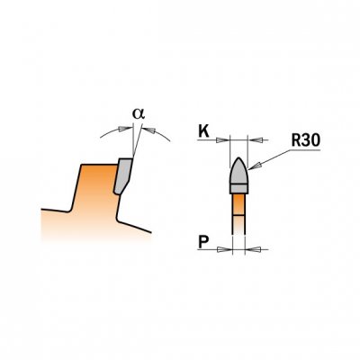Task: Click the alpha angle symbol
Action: [x=139, y=114]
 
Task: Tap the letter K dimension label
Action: [x=203, y=131]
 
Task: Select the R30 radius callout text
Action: [x=306, y=140]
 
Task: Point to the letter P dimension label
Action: [x=203, y=242]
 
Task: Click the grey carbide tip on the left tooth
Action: [x=123, y=175]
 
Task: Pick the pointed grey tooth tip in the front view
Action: [x=238, y=170]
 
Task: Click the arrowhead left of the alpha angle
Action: [x=125, y=129]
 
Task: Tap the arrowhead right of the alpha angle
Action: [x=148, y=130]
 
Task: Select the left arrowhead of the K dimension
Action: [x=222, y=139]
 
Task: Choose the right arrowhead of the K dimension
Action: [x=255, y=139]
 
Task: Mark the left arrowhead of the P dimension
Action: [x=226, y=249]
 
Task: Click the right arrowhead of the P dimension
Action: [x=252, y=249]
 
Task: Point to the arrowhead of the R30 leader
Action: [x=254, y=165]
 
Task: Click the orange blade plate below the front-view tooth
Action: [x=238, y=213]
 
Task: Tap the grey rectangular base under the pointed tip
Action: [x=238, y=189]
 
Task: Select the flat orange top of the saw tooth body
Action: [x=99, y=165]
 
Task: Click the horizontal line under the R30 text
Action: [x=304, y=150]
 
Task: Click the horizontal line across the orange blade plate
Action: [x=238, y=215]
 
